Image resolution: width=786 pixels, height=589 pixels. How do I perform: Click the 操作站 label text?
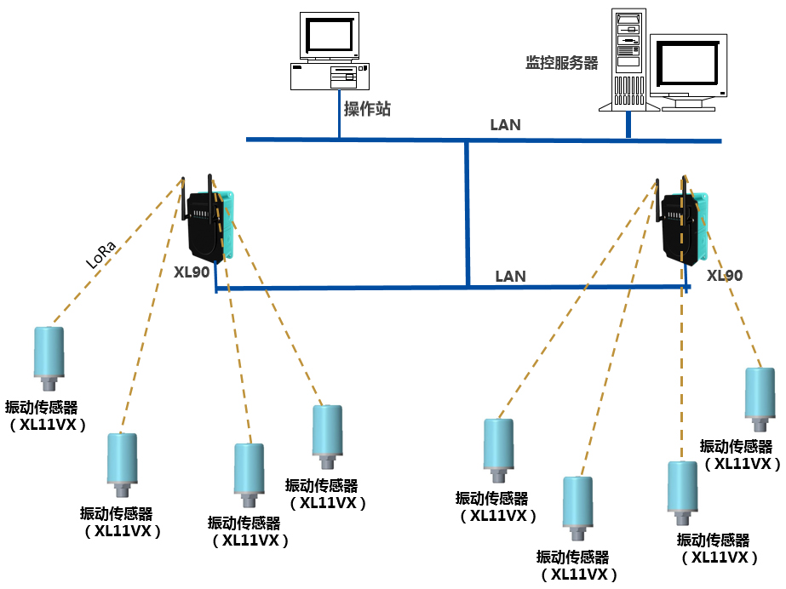(x=367, y=109)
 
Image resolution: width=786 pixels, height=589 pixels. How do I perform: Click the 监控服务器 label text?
(x=561, y=63)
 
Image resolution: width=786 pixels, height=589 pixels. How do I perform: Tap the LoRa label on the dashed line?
(x=101, y=254)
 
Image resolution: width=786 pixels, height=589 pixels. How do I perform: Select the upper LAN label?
(x=505, y=125)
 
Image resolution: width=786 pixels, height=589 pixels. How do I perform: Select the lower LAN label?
(x=510, y=277)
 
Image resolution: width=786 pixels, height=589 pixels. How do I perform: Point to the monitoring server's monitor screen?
(x=689, y=66)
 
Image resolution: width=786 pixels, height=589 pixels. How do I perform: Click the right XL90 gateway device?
(x=685, y=228)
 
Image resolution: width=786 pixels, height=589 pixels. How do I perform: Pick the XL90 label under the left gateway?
(x=192, y=273)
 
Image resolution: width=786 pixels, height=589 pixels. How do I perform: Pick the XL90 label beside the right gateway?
(x=725, y=276)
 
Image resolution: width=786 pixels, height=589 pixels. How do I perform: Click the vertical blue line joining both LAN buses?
(x=467, y=213)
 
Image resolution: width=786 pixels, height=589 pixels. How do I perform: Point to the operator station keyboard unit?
(x=330, y=77)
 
